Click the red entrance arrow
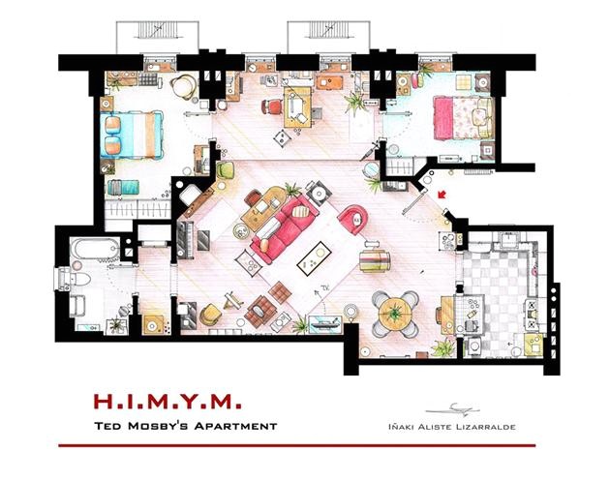coord(443,197)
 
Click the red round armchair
coord(351,219)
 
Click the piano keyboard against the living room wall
coord(184,236)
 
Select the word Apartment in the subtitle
coord(229,426)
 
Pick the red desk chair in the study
coord(274,105)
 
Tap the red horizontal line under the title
coord(304,445)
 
